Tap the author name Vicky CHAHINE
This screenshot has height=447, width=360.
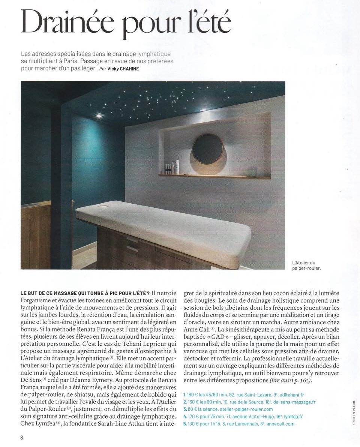[122, 69]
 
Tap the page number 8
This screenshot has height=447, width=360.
[22, 437]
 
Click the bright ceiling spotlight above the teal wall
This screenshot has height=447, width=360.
[99, 116]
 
